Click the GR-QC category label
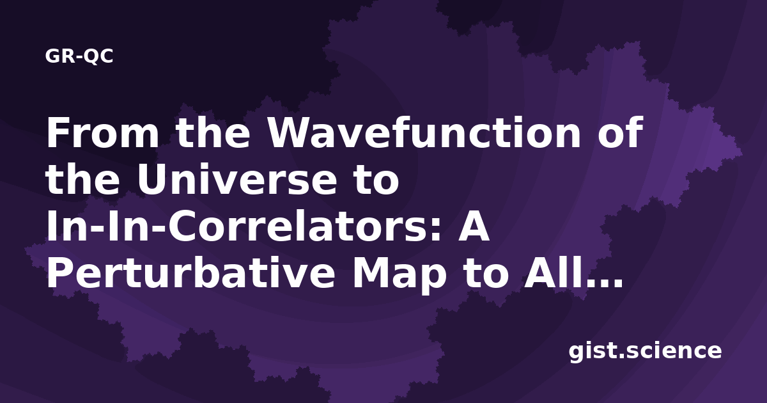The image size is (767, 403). (x=79, y=56)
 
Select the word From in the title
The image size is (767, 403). (x=103, y=132)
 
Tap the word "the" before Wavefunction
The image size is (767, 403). (x=213, y=132)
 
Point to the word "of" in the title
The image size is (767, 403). (x=621, y=132)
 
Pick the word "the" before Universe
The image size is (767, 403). (x=82, y=179)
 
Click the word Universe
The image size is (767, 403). (x=237, y=180)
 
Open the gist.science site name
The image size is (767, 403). (x=645, y=352)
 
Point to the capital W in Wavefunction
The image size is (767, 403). (x=290, y=132)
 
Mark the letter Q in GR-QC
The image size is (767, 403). (x=91, y=57)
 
